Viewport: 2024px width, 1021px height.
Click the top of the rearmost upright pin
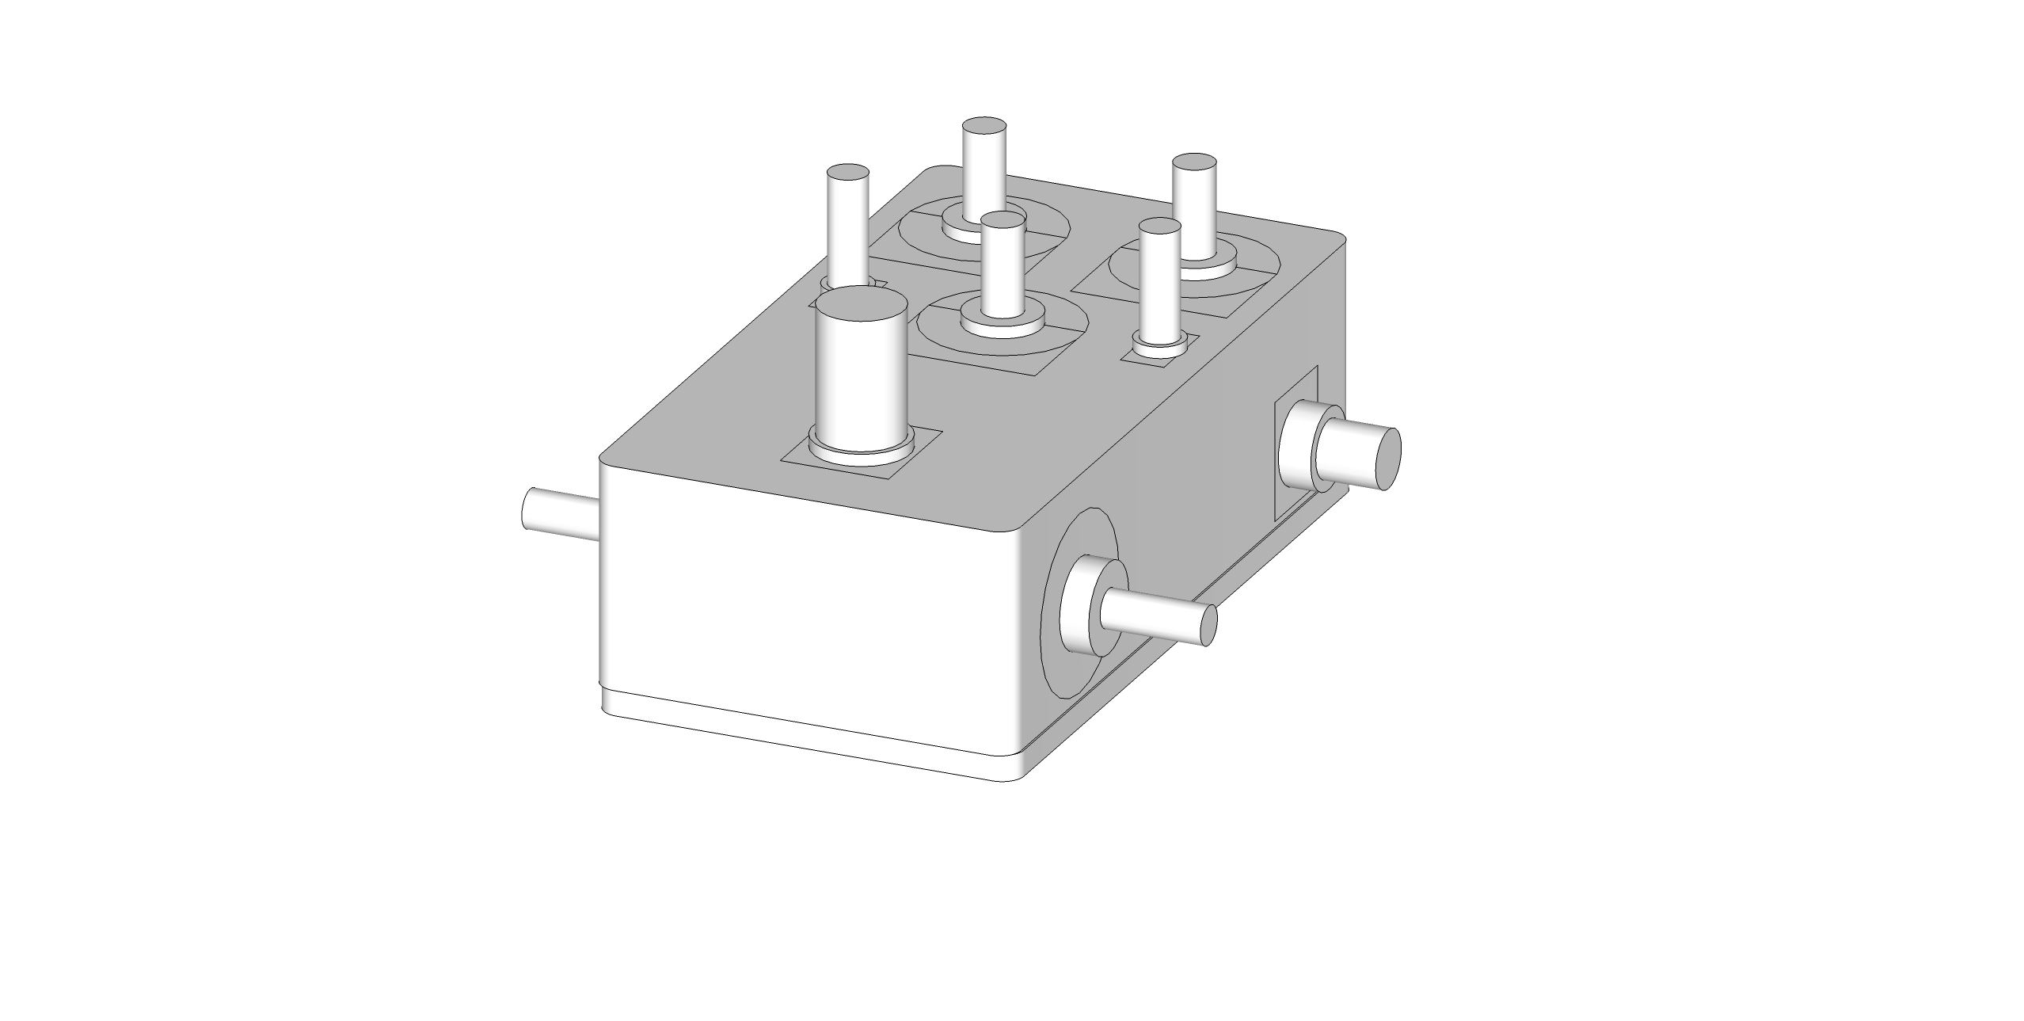point(984,126)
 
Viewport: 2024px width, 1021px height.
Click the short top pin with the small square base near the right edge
point(1160,285)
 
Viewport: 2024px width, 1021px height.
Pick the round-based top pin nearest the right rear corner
point(1194,214)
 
